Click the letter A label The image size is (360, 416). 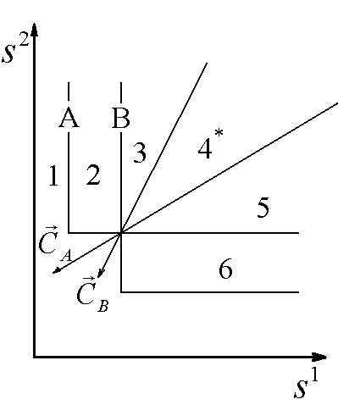[x=69, y=117]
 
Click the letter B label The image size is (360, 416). [x=121, y=118]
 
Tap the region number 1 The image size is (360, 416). [x=53, y=175]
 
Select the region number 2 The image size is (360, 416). [x=93, y=175]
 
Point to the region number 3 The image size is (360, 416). [x=140, y=153]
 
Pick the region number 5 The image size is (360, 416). [x=263, y=208]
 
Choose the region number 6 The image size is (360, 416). [x=225, y=269]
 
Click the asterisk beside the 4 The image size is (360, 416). [x=219, y=133]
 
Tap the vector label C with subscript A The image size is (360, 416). [x=55, y=243]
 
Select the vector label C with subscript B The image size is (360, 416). [x=92, y=294]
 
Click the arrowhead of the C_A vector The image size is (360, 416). [x=56, y=271]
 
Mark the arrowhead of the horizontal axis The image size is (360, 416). [x=319, y=358]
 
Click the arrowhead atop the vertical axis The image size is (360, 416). [x=34, y=30]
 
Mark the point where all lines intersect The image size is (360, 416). [x=121, y=233]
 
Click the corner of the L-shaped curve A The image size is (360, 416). [x=69, y=233]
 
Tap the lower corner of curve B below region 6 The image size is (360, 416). [x=121, y=292]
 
